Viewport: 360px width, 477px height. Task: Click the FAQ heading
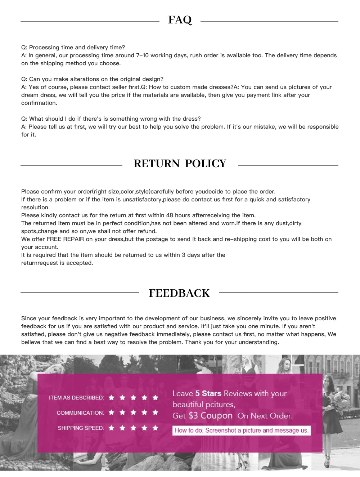click(180, 20)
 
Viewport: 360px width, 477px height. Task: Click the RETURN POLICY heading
click(180, 164)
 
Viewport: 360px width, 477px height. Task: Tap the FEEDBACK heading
click(179, 293)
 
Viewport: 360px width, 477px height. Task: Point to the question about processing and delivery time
click(73, 48)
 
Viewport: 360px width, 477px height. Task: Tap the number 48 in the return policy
click(170, 215)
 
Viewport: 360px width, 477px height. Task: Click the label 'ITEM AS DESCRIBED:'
click(76, 398)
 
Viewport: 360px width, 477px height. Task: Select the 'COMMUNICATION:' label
click(80, 413)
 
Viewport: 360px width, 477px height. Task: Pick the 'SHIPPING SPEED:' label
click(81, 428)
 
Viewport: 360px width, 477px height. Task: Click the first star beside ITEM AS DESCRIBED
click(112, 397)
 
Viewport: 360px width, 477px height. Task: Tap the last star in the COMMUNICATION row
click(155, 412)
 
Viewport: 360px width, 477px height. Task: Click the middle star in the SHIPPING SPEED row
click(134, 428)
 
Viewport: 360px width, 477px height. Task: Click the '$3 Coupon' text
click(211, 416)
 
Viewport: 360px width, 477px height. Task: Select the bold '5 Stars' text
click(208, 393)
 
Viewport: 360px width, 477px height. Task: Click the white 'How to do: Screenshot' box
click(241, 430)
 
